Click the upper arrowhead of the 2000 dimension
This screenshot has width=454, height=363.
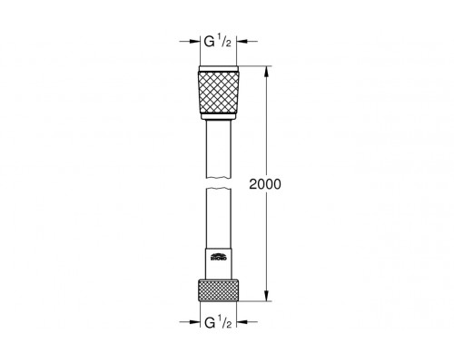tap(267, 69)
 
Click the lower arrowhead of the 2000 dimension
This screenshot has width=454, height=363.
tap(267, 296)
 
